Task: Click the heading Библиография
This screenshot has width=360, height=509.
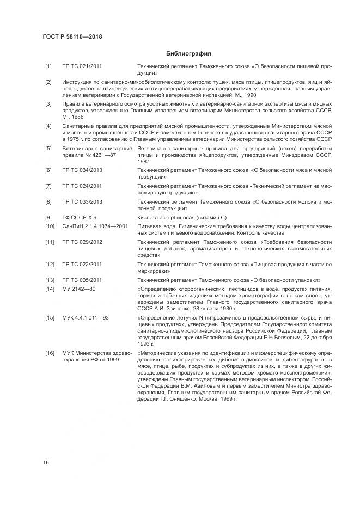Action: coord(188,53)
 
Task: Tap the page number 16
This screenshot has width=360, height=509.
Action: coord(46,462)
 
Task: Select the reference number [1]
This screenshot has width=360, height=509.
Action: coord(48,66)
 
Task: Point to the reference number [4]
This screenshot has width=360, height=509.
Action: coord(48,126)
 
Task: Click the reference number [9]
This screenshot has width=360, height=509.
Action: coord(48,217)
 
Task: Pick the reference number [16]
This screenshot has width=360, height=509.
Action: coord(49,354)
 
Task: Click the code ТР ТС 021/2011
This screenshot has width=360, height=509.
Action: coord(82,66)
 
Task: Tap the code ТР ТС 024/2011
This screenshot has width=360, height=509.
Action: coord(82,186)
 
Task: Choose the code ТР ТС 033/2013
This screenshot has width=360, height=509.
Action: coord(82,201)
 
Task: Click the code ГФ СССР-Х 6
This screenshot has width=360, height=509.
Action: coord(80,217)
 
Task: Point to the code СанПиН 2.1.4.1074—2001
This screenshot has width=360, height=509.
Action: coord(95,226)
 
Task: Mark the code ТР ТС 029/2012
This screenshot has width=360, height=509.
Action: coord(82,242)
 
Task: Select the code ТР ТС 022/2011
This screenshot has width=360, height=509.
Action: coord(82,265)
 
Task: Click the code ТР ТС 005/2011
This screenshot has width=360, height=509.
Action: coord(82,280)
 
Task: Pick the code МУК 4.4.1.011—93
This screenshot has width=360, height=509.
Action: coord(86,317)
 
